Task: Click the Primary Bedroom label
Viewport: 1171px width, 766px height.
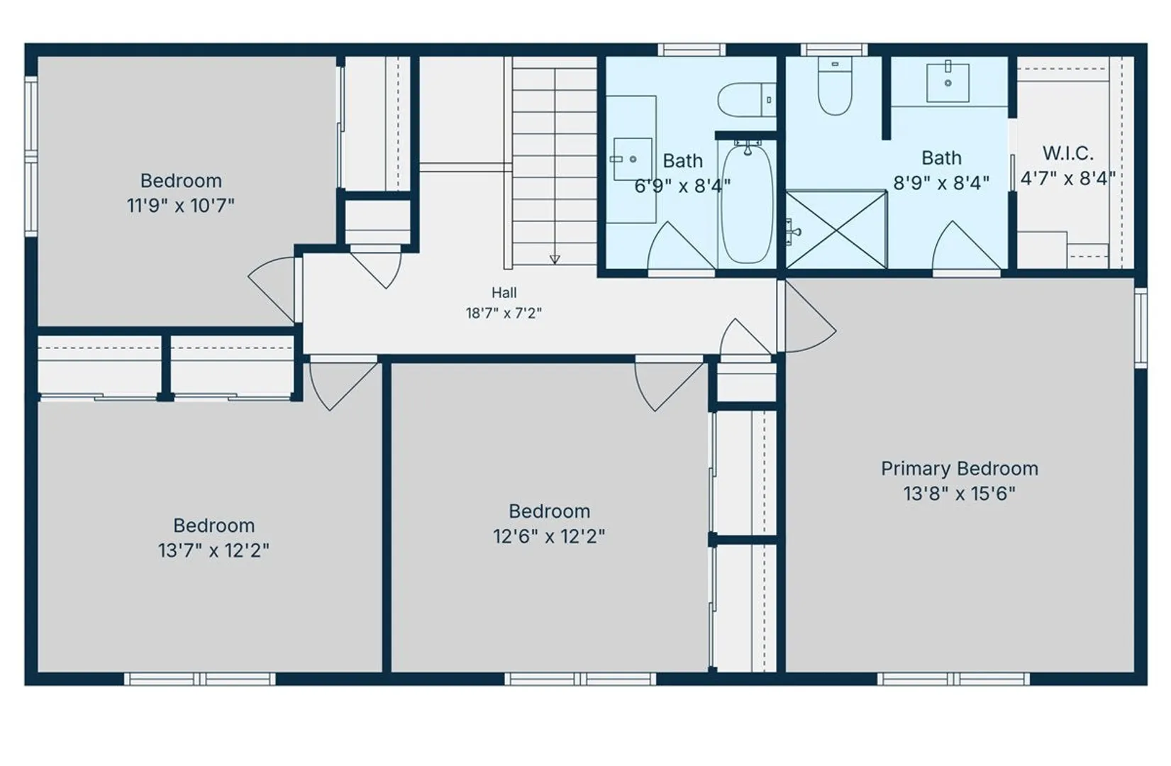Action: (959, 469)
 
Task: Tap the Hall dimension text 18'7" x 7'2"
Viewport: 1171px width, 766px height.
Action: (504, 313)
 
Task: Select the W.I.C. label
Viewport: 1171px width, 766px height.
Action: (1068, 153)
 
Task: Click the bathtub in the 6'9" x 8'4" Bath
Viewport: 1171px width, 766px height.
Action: (747, 204)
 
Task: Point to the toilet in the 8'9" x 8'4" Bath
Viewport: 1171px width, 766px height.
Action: (835, 86)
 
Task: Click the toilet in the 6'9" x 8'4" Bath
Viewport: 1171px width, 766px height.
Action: (747, 99)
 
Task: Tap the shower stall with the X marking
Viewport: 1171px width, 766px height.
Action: (836, 230)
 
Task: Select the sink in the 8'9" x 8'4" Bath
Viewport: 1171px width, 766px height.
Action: (948, 82)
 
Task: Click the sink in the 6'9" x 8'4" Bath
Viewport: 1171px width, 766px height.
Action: (632, 159)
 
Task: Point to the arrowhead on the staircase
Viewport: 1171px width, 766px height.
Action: (555, 260)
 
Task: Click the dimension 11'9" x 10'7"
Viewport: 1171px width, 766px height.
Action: (180, 206)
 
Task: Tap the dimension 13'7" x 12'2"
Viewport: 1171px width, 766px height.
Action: (213, 550)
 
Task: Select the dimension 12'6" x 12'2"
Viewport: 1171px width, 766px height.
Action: (549, 536)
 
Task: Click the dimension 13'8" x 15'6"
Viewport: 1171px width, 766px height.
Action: (959, 494)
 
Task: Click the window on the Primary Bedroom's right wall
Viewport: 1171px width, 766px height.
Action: (1141, 328)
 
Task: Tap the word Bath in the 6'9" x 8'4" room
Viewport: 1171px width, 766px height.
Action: (683, 161)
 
